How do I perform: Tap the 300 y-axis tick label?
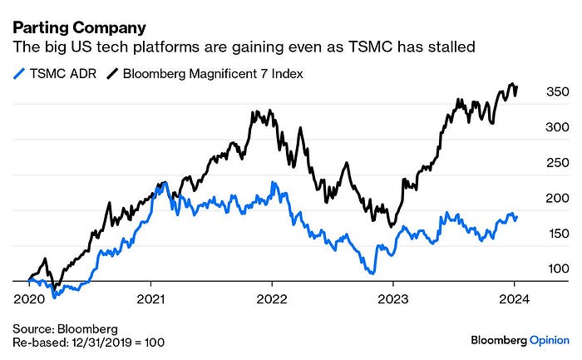tap(557, 127)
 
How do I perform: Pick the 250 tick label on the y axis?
tap(557, 163)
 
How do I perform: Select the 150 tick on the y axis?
tap(557, 234)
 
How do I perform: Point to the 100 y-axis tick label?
tap(557, 269)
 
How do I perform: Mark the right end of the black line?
tap(517, 86)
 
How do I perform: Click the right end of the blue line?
tap(517, 217)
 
